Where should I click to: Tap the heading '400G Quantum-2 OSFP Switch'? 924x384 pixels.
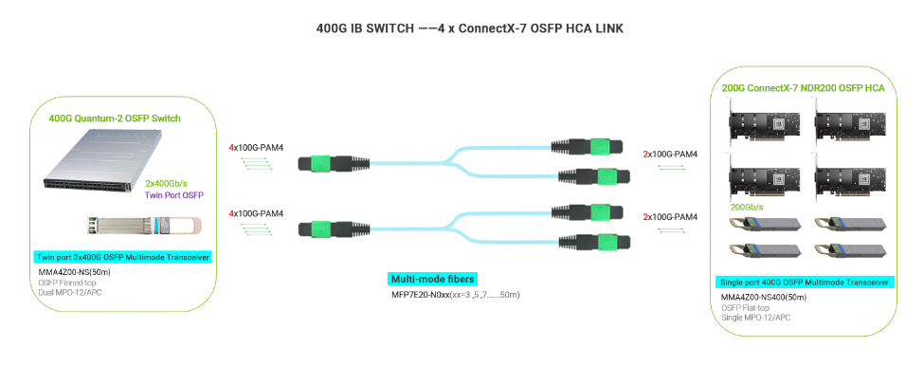[x=115, y=119]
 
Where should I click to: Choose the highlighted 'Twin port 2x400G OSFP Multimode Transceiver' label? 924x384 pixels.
[x=122, y=257]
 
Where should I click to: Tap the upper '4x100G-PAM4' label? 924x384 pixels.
[x=256, y=148]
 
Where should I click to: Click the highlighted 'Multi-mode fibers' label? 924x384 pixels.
[x=432, y=279]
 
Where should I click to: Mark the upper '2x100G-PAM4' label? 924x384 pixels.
[x=670, y=154]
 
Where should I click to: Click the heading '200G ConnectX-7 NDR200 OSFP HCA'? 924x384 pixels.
[x=803, y=88]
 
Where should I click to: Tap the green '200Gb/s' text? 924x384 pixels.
[x=748, y=206]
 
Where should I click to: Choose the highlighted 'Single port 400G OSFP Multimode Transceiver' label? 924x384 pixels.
[x=803, y=282]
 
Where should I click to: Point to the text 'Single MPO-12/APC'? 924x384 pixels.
[x=755, y=318]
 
